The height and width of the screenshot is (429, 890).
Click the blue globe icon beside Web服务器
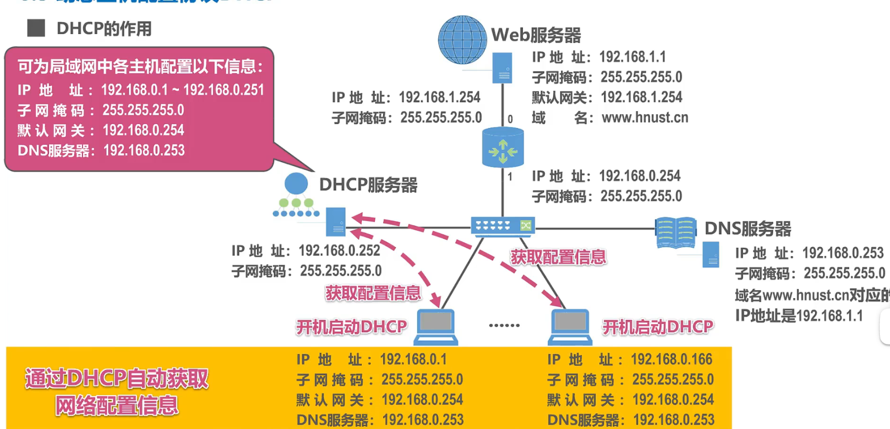tap(462, 40)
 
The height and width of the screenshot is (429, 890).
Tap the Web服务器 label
tap(536, 35)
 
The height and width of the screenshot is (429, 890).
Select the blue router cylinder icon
tap(503, 148)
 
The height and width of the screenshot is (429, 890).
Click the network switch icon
tap(503, 226)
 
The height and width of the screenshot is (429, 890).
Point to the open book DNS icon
tap(675, 232)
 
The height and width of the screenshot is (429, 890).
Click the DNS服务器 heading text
tap(748, 229)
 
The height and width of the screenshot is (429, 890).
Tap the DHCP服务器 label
tap(368, 185)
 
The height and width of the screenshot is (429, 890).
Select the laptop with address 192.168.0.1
tap(436, 326)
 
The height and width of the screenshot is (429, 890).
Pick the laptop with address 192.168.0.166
tap(570, 326)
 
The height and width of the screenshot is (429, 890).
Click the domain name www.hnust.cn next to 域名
tap(645, 117)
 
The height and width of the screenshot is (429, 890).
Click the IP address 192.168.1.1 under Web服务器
tap(632, 57)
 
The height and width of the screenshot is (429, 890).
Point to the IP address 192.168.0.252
tap(339, 250)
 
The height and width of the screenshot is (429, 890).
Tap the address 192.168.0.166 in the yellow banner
tap(671, 359)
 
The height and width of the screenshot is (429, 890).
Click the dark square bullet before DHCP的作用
tap(36, 28)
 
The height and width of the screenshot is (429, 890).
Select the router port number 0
tap(510, 119)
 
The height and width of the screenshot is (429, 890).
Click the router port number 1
tap(510, 176)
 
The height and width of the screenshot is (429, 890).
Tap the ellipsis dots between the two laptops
tap(504, 325)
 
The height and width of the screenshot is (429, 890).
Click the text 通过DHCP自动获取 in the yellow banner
tap(117, 378)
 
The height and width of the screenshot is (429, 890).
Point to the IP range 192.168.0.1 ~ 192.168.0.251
tap(182, 90)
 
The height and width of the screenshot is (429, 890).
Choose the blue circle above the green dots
tap(296, 184)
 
